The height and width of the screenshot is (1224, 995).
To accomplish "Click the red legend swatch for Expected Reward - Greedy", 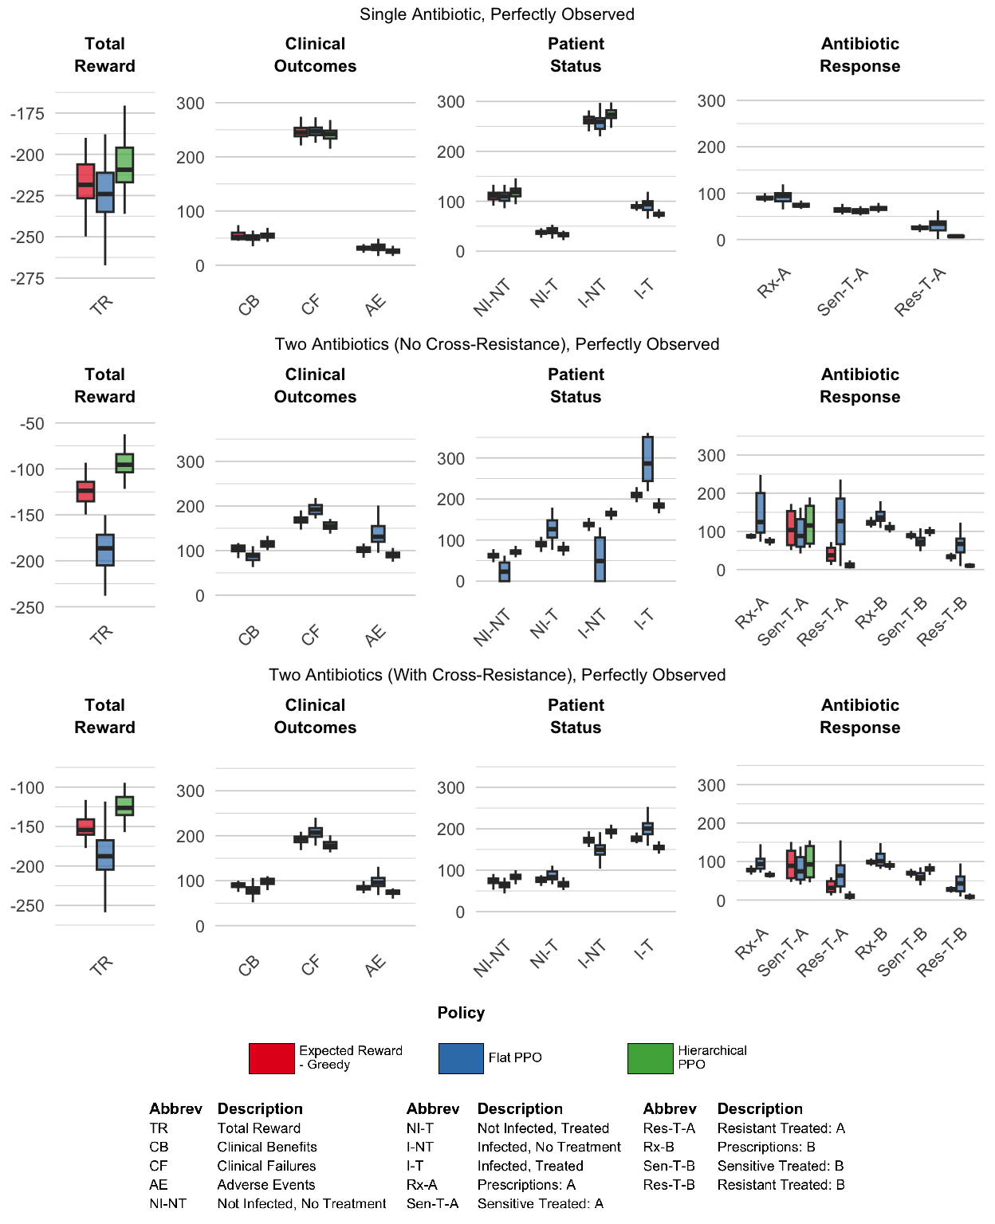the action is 271,1058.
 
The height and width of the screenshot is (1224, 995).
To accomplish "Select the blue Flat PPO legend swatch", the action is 460,1058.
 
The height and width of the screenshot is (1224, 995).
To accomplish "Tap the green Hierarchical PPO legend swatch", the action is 650,1058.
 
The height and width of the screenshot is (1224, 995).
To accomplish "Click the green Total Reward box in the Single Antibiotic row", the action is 124,164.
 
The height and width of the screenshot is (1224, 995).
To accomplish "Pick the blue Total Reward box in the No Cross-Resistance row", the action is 105,550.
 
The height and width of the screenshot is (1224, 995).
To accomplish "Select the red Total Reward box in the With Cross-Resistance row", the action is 85,827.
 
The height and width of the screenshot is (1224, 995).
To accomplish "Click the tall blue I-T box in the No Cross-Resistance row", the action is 647,458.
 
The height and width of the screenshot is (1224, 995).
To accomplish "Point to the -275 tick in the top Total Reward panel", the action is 27,279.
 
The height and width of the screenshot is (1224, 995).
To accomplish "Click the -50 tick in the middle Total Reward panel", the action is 32,424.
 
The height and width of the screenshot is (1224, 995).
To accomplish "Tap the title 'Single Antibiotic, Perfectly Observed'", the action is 497,14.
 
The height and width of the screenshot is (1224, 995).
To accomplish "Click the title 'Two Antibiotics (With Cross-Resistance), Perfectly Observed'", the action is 497,675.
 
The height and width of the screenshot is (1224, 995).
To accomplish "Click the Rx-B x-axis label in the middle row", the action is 871,613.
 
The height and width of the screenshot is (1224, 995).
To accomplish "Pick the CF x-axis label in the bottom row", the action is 310,965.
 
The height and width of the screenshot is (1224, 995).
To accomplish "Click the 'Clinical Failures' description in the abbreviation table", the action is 267,1165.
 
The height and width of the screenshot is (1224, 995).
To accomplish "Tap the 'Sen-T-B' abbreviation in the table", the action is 669,1165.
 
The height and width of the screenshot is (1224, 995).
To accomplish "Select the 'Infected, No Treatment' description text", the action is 549,1147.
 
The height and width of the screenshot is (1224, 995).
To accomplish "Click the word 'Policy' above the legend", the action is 461,1013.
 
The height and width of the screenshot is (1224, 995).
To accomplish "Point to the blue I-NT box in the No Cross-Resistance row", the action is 600,559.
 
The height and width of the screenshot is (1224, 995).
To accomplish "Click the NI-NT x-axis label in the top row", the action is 492,298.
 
